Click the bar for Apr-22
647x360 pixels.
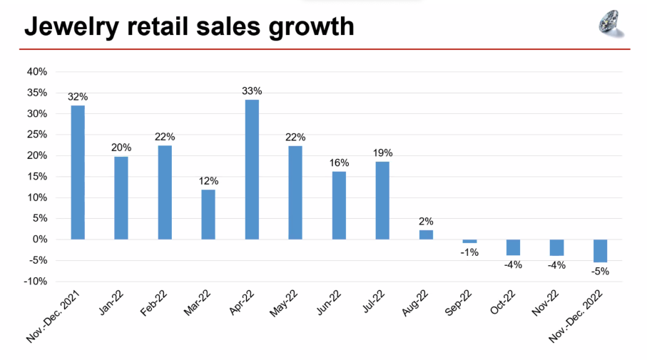tap(252, 170)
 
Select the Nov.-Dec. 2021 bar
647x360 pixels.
tap(78, 173)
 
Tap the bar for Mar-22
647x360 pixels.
tap(208, 215)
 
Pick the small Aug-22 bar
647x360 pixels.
tap(426, 235)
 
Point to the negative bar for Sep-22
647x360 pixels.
tap(469, 242)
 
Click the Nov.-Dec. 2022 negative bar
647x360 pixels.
tap(600, 251)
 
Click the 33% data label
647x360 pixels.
tap(252, 91)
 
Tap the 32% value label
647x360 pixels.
tap(78, 97)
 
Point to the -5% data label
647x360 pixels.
tap(600, 271)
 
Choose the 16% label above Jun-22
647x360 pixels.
tap(339, 163)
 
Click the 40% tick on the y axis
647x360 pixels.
tap(37, 72)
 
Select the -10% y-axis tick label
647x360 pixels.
tap(36, 282)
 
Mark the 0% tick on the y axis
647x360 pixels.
tap(40, 240)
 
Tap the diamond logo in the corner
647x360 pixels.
tap(610, 24)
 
